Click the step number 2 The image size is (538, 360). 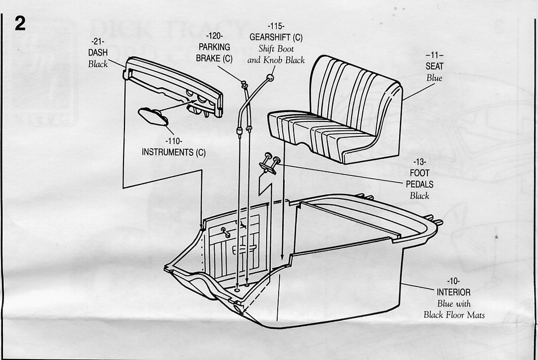[x=20, y=24]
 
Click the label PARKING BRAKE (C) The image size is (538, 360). [x=214, y=53]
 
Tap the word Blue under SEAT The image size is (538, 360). [x=434, y=78]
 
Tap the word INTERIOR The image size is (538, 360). [x=453, y=292]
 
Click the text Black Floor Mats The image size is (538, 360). [x=453, y=314]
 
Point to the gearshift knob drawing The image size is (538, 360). [x=270, y=77]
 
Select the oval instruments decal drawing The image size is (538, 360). [x=152, y=118]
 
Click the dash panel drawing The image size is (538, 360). [x=174, y=84]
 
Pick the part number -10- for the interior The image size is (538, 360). [x=453, y=281]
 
